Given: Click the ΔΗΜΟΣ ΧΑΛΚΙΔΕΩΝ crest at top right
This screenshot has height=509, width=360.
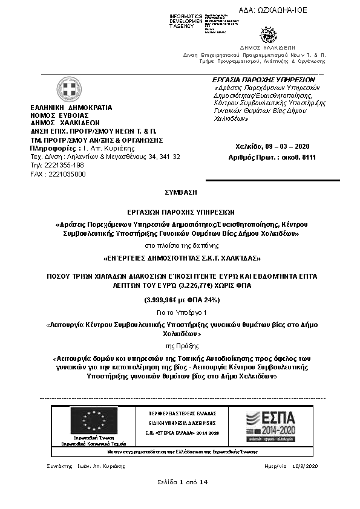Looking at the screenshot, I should [267, 34].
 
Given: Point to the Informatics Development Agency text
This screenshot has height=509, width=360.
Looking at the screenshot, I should [186, 21].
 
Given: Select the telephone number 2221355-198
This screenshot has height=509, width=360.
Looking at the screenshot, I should [64, 165].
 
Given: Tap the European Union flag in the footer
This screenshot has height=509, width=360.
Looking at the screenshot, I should [94, 421].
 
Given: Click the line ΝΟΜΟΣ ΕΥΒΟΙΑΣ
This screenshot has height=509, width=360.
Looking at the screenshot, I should [59, 115].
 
